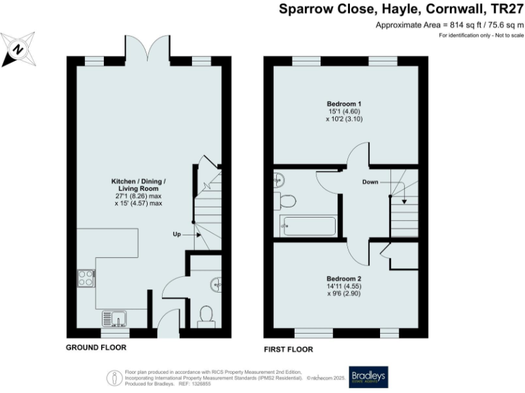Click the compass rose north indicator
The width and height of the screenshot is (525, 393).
point(18,49)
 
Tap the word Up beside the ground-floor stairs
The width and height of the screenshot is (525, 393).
point(176,234)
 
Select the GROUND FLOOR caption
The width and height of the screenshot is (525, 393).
point(96,347)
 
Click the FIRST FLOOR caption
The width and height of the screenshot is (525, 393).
point(288,349)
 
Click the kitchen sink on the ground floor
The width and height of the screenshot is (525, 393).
point(113,318)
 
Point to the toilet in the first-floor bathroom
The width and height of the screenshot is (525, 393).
point(285,201)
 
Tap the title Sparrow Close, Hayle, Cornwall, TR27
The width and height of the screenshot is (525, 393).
point(401,10)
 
